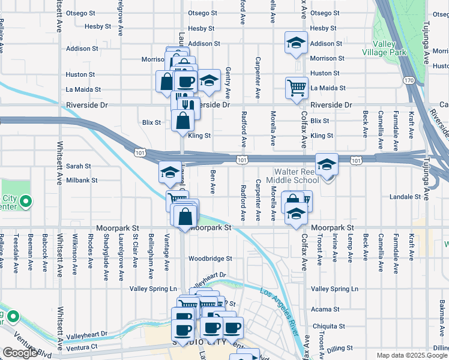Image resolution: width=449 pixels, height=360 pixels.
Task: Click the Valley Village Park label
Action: pos(384,48)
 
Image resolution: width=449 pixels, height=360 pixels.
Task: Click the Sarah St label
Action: pos(79,166)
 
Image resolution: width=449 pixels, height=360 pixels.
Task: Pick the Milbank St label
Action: pos(82,180)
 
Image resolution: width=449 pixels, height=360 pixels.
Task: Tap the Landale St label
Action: pos(406,197)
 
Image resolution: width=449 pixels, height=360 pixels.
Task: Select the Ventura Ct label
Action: pos(82,347)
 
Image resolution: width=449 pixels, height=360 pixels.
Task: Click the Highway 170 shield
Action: pos(409,80)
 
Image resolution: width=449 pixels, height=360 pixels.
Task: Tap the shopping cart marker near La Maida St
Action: pos(297,88)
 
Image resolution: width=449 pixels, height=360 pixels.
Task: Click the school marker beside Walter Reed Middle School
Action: pos(327,165)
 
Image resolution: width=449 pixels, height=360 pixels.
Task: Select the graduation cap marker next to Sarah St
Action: pos(170,172)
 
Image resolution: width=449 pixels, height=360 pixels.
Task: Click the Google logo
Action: pos(20,353)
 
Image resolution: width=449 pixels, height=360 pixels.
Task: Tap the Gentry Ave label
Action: pos(228,83)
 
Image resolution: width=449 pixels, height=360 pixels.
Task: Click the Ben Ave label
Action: pos(212,181)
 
